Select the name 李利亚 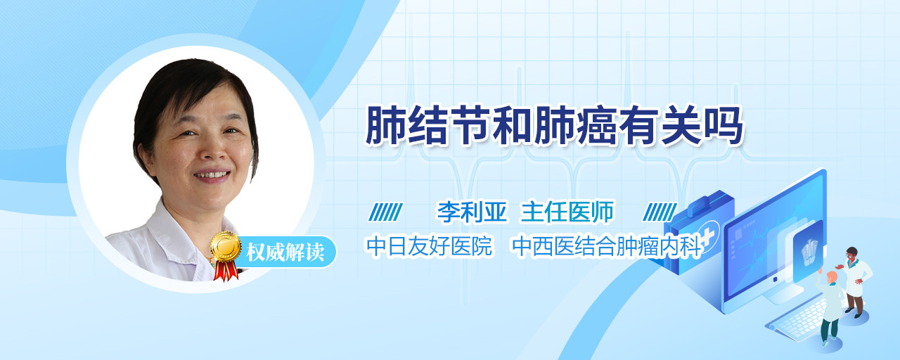click(x=472, y=212)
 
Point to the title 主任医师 click(x=567, y=212)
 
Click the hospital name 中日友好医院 click(x=430, y=246)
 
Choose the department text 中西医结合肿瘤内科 click(x=607, y=246)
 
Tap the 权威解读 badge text click(x=285, y=252)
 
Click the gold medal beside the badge click(x=226, y=246)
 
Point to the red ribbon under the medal click(x=226, y=271)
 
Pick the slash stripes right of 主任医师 click(x=660, y=212)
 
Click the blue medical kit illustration click(x=698, y=232)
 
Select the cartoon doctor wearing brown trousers click(x=855, y=281)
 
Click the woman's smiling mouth click(x=212, y=176)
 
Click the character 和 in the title click(x=513, y=126)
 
